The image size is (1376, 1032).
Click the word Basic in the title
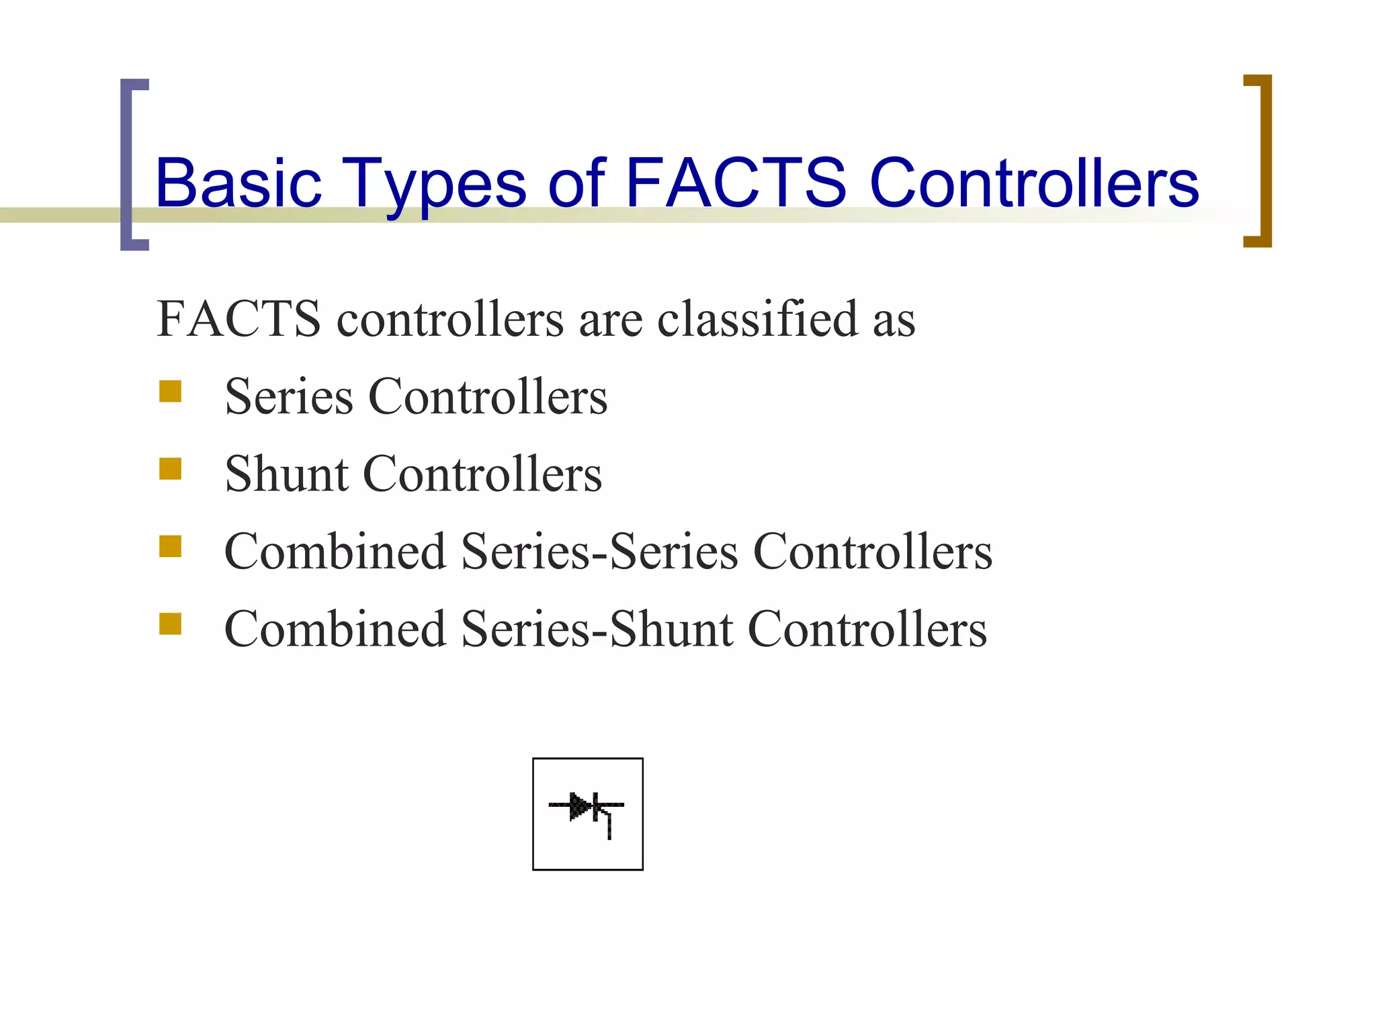pyautogui.click(x=239, y=183)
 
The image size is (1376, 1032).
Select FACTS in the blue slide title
pyautogui.click(x=736, y=183)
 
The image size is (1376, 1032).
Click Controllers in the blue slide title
pyautogui.click(x=1034, y=183)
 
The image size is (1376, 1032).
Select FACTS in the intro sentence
pyautogui.click(x=239, y=319)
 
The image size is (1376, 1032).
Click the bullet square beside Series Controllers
pyautogui.click(x=171, y=391)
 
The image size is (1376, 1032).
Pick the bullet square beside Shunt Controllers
pyautogui.click(x=171, y=468)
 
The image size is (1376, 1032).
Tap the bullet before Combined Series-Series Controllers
pyautogui.click(x=171, y=546)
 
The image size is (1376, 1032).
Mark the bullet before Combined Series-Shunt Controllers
pyautogui.click(x=171, y=623)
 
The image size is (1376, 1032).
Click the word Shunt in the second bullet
pyautogui.click(x=287, y=474)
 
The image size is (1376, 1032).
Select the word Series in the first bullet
pyautogui.click(x=289, y=397)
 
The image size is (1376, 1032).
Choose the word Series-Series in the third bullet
pyautogui.click(x=600, y=552)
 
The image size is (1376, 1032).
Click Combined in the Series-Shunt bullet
pyautogui.click(x=335, y=630)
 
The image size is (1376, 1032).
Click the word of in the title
pyautogui.click(x=576, y=183)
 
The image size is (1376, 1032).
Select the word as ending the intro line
pyautogui.click(x=894, y=320)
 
